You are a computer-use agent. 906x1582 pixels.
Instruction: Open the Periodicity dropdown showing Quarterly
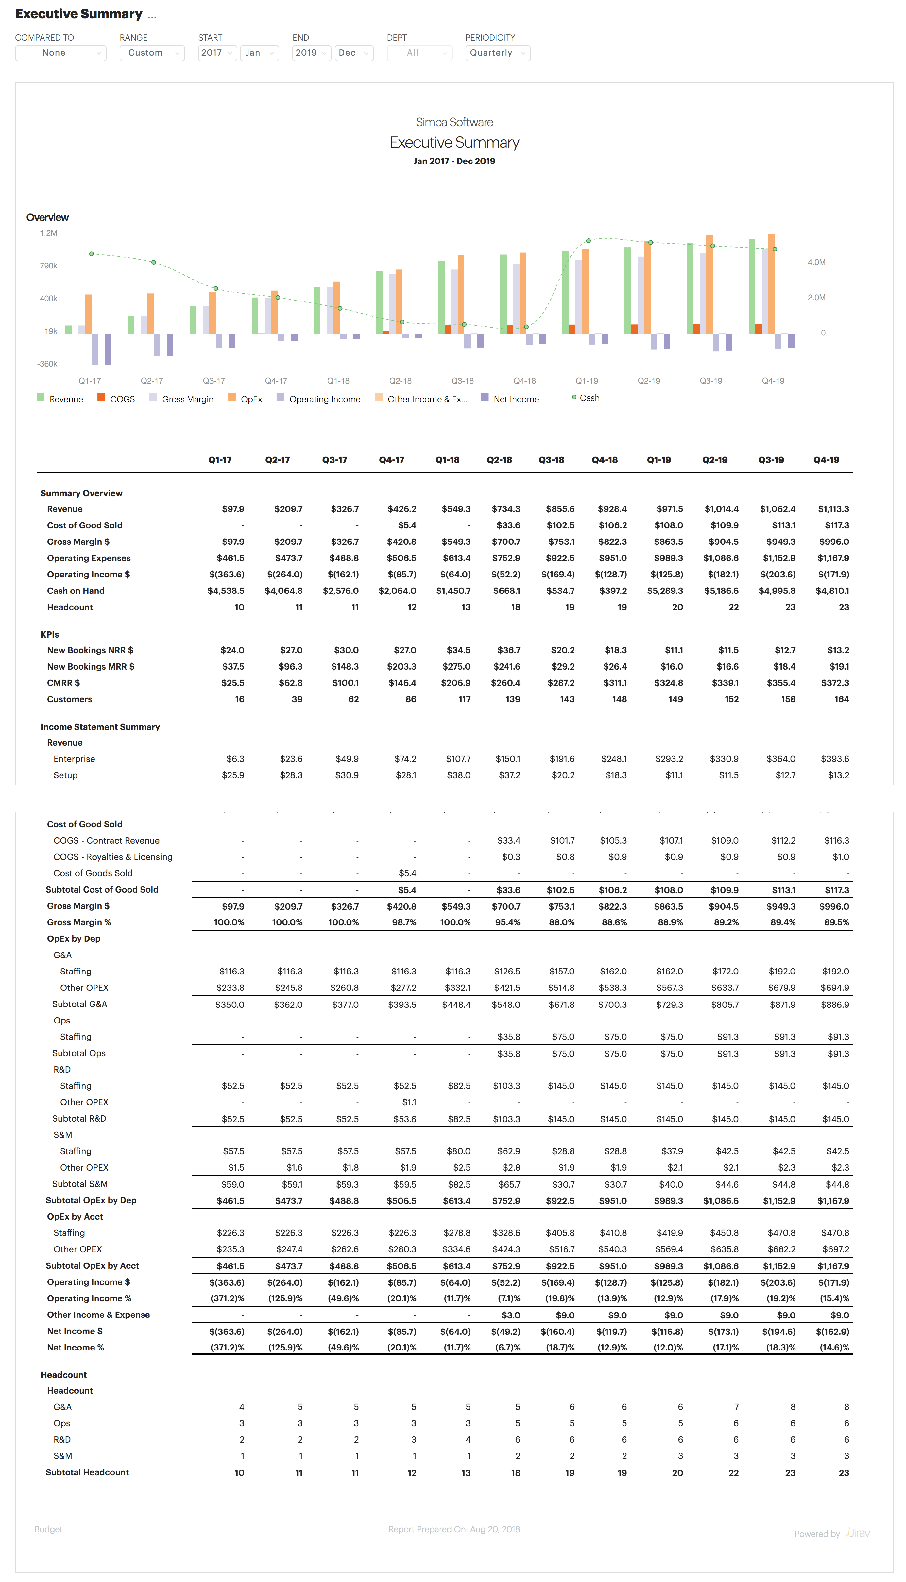[x=497, y=53]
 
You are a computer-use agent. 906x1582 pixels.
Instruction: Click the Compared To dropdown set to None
[x=60, y=53]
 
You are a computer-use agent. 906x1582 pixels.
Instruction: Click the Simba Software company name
[x=454, y=122]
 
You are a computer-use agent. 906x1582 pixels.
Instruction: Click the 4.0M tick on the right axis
[x=816, y=262]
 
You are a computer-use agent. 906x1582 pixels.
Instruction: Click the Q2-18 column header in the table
[x=499, y=460]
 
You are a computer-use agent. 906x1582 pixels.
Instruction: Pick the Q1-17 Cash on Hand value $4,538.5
[x=226, y=591]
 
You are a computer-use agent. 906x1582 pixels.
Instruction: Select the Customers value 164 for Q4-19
[x=841, y=699]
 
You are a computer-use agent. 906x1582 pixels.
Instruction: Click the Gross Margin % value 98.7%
[x=404, y=922]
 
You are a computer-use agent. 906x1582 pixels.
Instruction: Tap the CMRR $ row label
[x=63, y=683]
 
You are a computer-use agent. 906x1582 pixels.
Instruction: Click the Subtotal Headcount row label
[x=87, y=1472]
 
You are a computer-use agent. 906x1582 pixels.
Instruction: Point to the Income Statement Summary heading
[x=100, y=727]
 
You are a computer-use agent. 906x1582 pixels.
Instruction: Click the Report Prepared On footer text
[x=454, y=1529]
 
